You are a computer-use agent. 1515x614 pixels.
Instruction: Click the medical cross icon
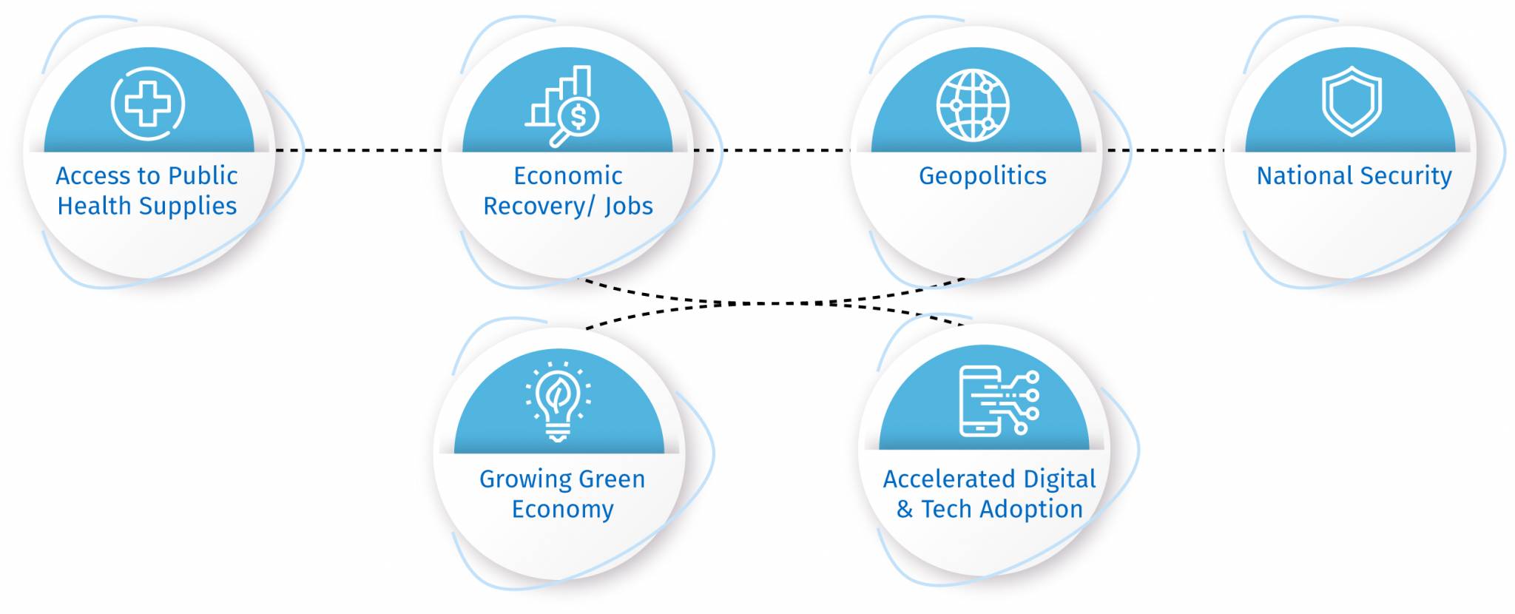148,104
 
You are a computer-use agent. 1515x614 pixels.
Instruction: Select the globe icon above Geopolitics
972,105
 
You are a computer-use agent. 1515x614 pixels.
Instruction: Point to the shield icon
1352,101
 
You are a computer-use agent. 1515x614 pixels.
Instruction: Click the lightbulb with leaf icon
558,402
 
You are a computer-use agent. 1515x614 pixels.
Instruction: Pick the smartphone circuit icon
999,401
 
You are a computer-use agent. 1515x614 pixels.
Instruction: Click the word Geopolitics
982,176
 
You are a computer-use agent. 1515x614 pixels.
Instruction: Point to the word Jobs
629,206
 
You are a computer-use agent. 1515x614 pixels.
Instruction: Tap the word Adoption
1031,510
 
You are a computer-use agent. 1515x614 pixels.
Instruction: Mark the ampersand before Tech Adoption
904,510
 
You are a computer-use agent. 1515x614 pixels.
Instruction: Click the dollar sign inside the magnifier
578,116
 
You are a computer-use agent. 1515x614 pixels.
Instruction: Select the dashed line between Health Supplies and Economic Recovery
358,150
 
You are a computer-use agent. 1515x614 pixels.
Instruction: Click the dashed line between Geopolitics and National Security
1165,150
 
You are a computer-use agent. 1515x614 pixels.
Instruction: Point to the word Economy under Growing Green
562,510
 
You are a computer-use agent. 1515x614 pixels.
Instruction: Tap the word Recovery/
539,206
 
